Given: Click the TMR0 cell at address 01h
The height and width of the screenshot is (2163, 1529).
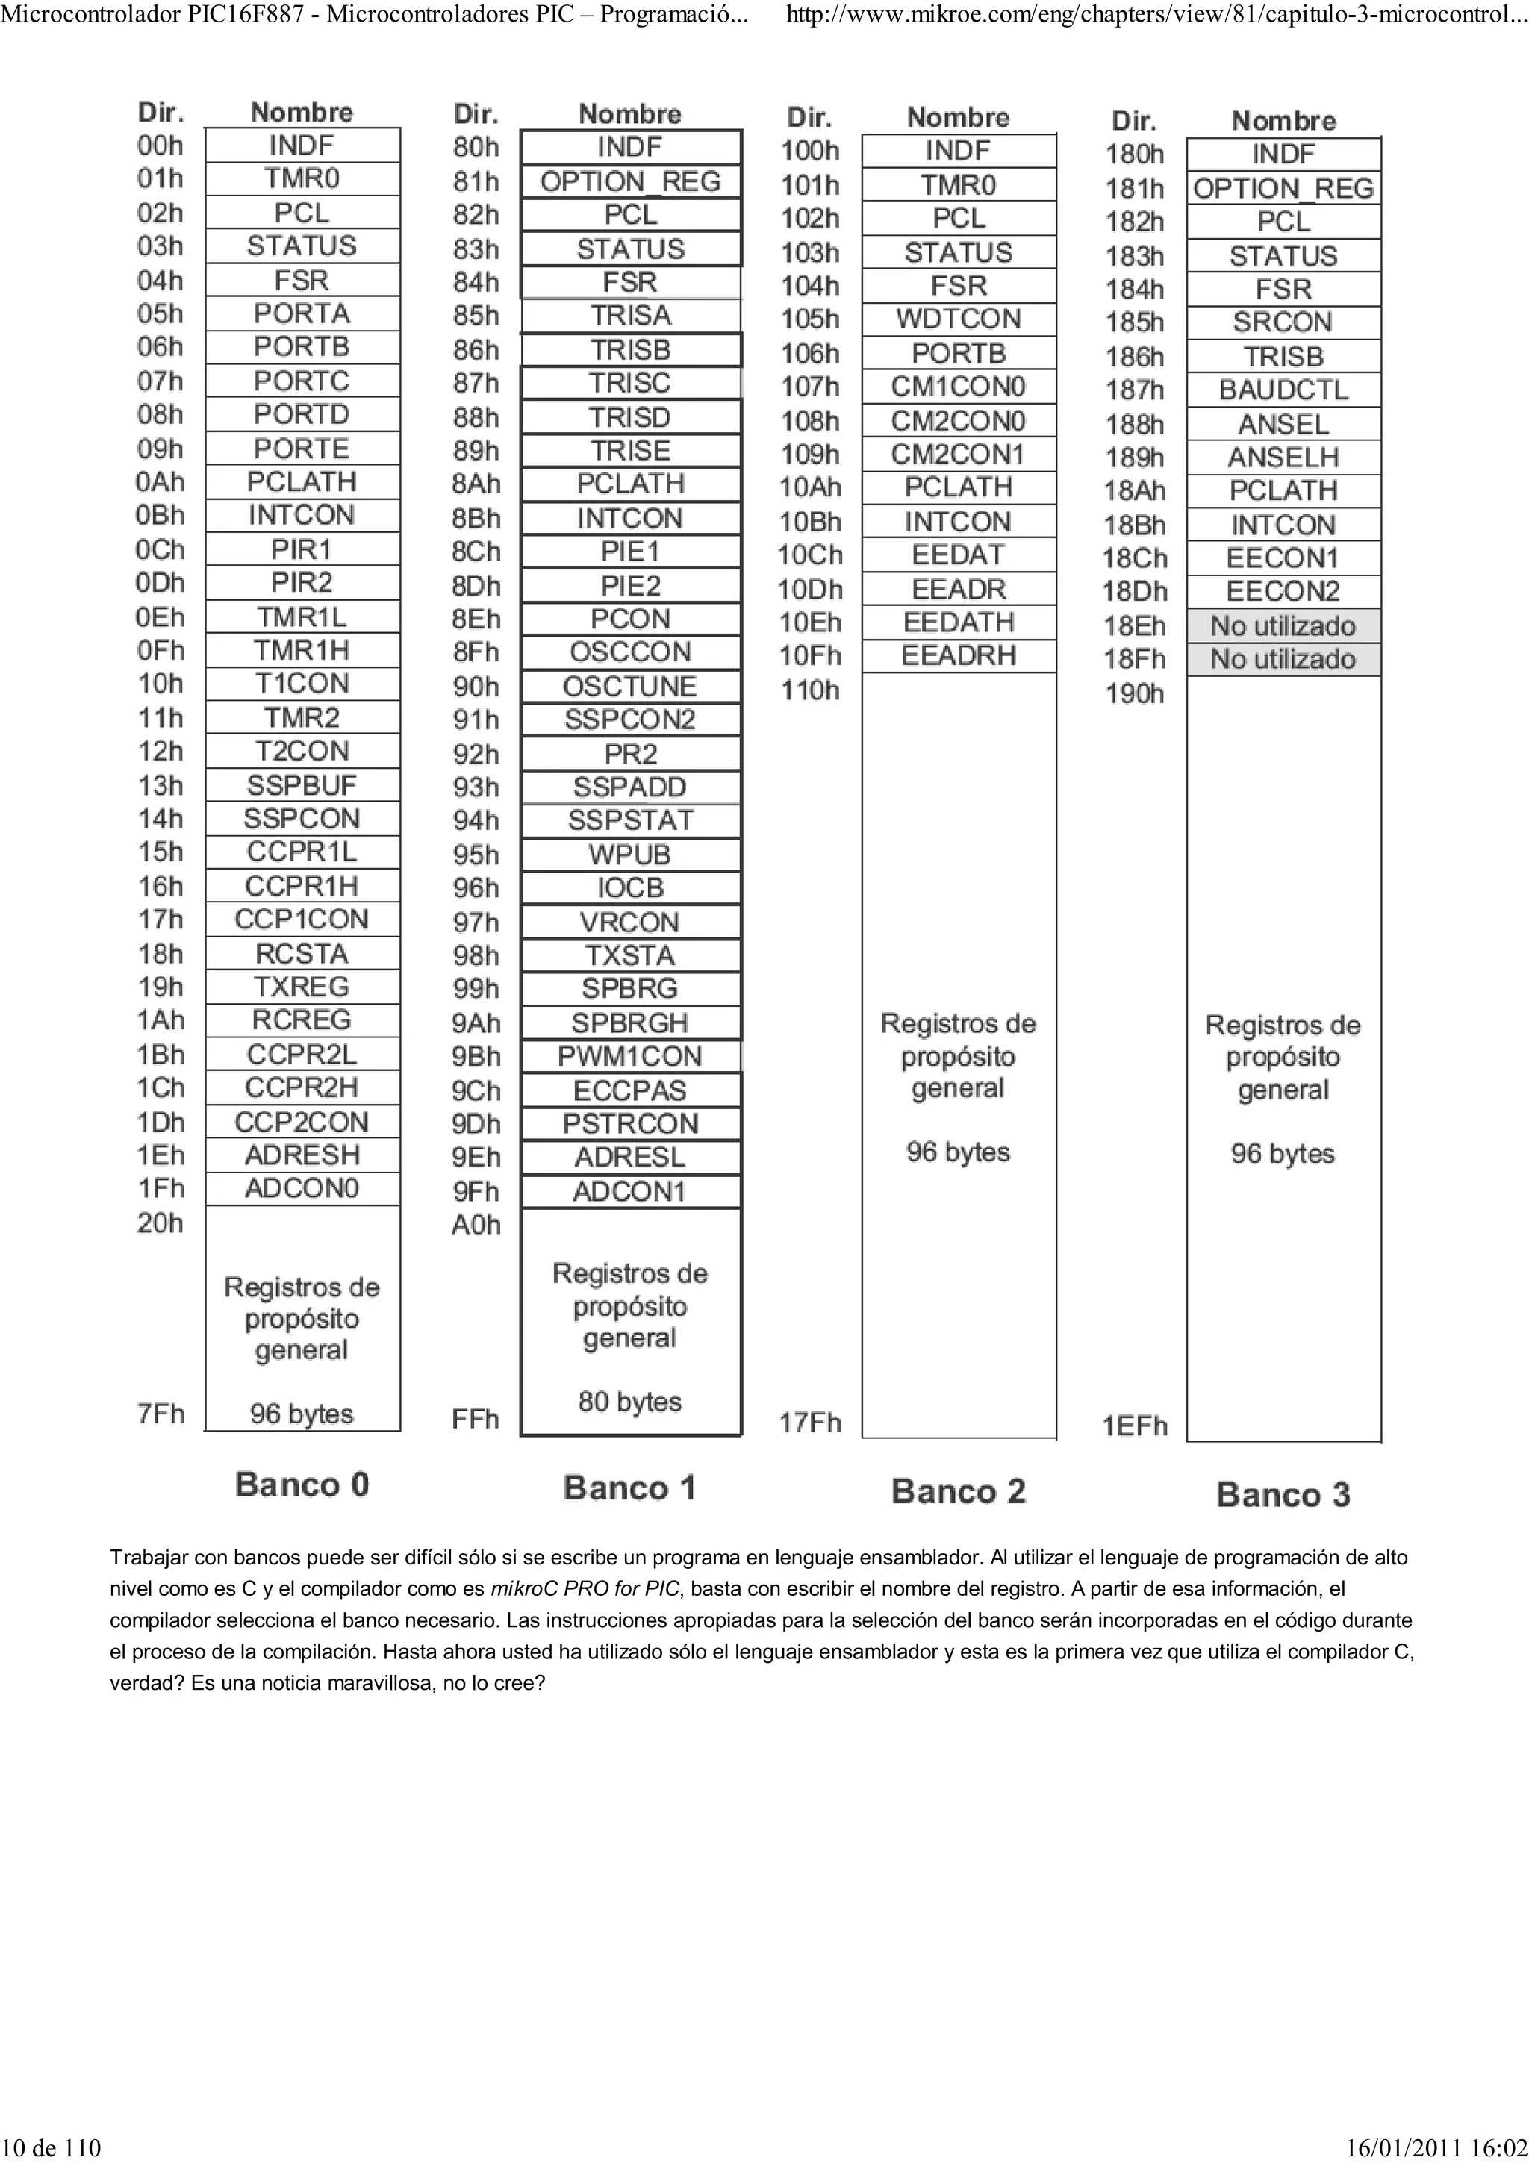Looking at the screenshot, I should [x=302, y=179].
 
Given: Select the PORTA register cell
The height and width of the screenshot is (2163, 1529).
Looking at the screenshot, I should [x=302, y=313].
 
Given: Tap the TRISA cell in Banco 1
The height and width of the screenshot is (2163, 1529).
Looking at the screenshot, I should [x=630, y=316].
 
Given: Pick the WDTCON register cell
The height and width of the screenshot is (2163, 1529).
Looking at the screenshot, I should [x=958, y=319].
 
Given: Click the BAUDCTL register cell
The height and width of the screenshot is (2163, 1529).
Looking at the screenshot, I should [x=1283, y=390].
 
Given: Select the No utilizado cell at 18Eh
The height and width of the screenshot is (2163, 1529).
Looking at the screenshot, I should [x=1283, y=626].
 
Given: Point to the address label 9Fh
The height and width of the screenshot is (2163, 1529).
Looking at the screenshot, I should [x=476, y=1192].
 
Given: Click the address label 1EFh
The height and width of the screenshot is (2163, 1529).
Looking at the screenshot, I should [x=1136, y=1426].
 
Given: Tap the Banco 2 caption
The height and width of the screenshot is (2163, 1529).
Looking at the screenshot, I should [x=958, y=1492].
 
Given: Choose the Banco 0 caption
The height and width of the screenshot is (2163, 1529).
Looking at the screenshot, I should [x=302, y=1485].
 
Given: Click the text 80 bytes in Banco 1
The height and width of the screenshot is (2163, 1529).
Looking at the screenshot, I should [x=630, y=1402].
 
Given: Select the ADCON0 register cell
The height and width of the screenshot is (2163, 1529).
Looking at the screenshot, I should [x=302, y=1189].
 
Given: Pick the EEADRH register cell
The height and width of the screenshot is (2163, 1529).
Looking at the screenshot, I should [x=958, y=655].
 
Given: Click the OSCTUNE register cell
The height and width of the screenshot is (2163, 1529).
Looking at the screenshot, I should [x=630, y=687].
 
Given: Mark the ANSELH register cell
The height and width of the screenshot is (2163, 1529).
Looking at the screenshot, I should [x=1283, y=458].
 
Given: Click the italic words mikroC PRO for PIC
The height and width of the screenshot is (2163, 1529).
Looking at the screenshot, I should [x=584, y=1589].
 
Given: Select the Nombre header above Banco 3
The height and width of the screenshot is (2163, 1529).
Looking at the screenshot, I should [x=1283, y=122].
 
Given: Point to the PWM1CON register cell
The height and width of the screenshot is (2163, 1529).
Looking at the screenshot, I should [x=630, y=1056].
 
